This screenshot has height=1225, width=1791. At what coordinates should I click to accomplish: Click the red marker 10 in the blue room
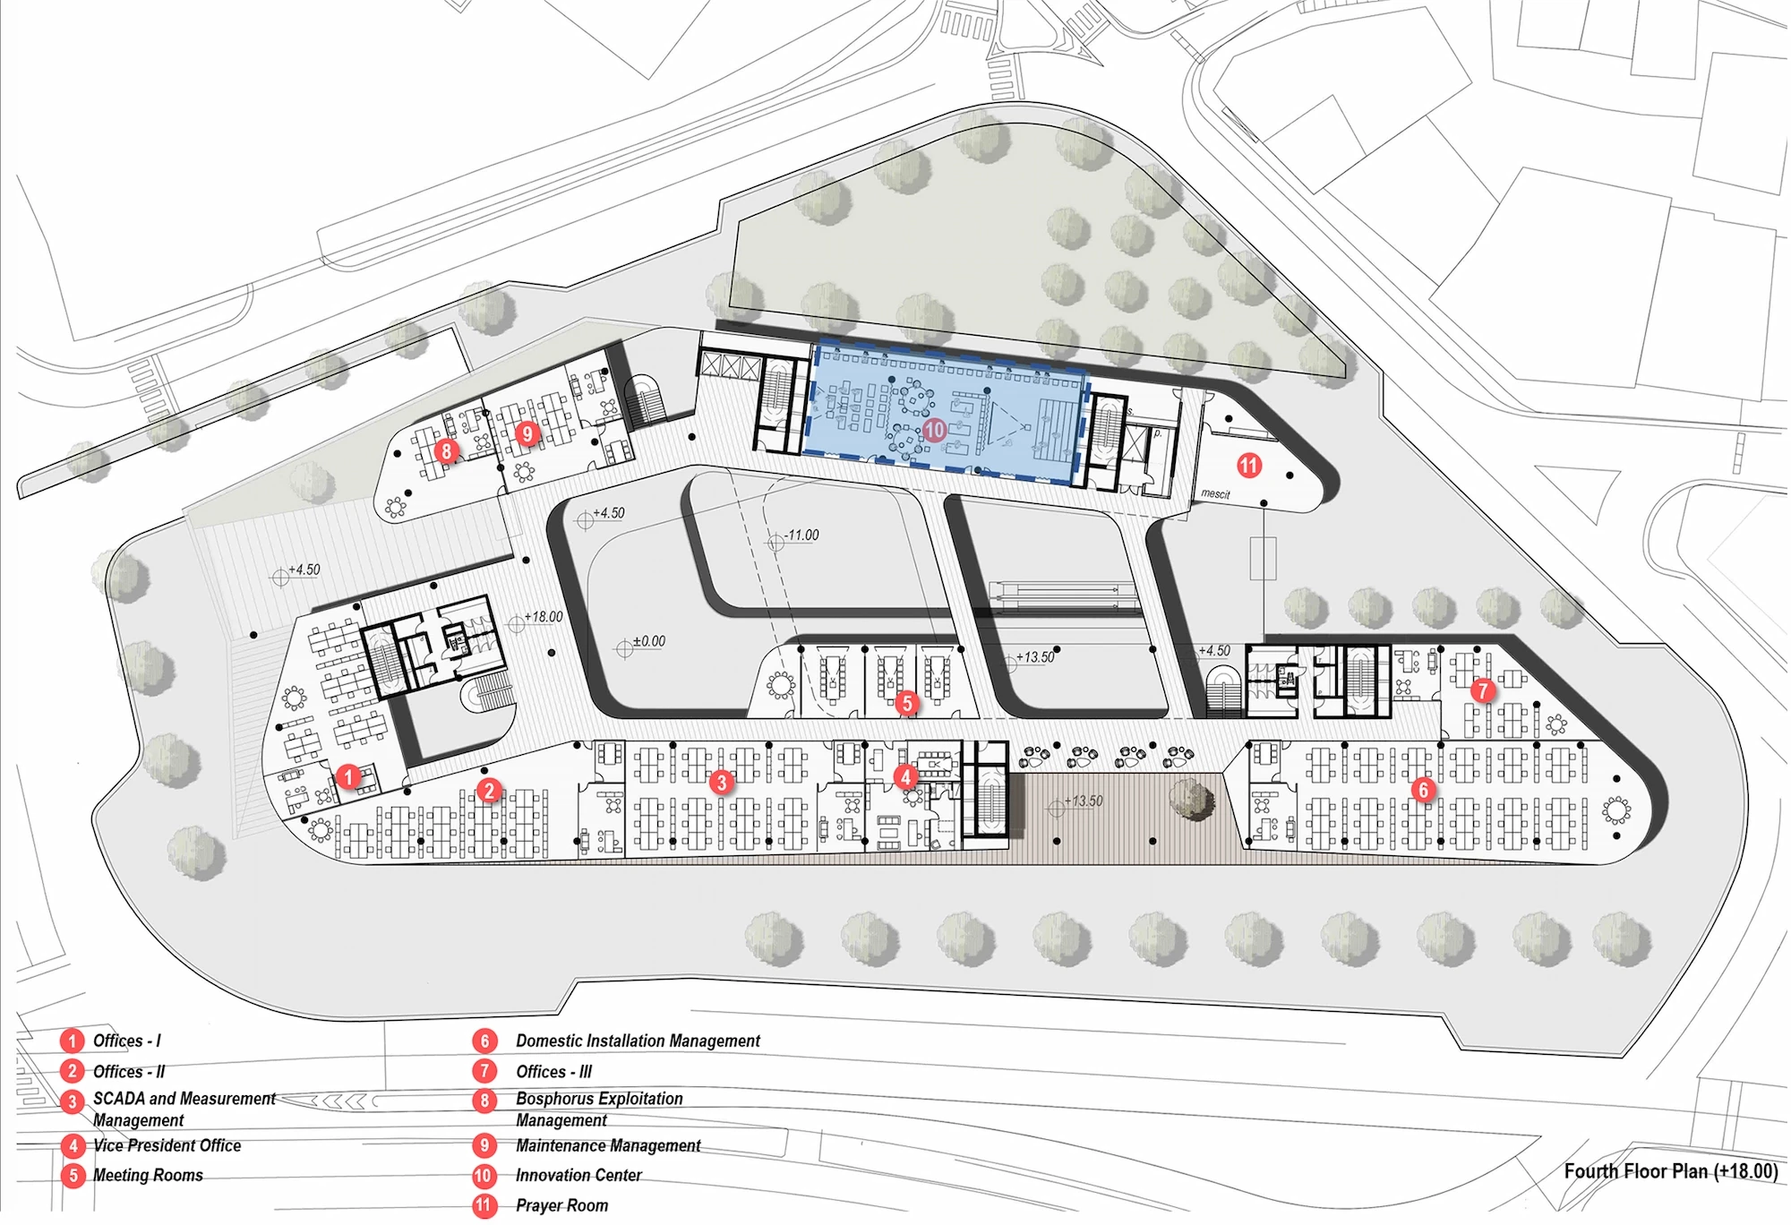click(x=934, y=430)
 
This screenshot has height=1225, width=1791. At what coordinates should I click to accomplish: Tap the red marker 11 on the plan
click(x=1249, y=465)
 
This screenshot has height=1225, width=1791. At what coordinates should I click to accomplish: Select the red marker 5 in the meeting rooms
click(x=907, y=703)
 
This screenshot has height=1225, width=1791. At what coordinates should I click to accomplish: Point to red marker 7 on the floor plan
click(x=1483, y=690)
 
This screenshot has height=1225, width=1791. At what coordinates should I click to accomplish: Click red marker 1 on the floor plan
click(x=348, y=776)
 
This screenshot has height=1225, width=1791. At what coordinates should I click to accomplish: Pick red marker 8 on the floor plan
click(x=446, y=450)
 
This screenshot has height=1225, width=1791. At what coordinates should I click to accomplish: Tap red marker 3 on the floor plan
click(x=722, y=783)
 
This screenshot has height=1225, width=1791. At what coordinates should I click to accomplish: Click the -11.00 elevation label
click(x=801, y=535)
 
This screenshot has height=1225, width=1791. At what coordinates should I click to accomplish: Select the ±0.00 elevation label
click(x=648, y=641)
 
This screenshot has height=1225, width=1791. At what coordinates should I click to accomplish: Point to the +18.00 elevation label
click(x=544, y=617)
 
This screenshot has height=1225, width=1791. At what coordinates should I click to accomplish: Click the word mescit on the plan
click(x=1215, y=493)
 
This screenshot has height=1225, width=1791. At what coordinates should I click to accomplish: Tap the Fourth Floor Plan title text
click(x=1671, y=1171)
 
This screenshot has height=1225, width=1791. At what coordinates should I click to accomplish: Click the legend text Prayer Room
click(x=561, y=1205)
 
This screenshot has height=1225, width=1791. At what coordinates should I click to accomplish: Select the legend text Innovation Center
click(x=578, y=1175)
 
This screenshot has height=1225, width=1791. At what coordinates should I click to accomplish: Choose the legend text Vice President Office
click(x=167, y=1145)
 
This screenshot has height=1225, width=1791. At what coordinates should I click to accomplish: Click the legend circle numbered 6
click(x=484, y=1041)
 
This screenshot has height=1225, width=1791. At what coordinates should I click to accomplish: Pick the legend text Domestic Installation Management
click(x=638, y=1041)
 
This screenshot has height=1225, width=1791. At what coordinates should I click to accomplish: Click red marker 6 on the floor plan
click(x=1423, y=789)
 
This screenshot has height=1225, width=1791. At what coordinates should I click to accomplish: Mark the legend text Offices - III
click(x=553, y=1071)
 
